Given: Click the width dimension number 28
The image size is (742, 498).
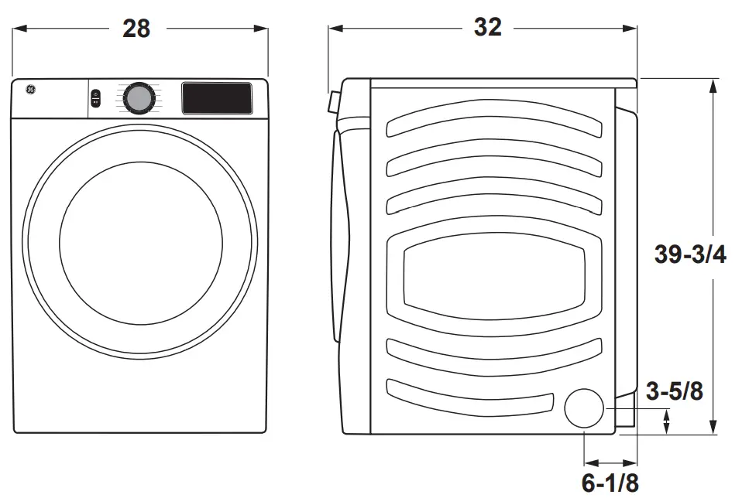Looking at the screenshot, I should tap(136, 29).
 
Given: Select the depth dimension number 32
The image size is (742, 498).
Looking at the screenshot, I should tap(487, 28).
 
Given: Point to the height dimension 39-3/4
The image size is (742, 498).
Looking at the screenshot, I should tap(690, 255).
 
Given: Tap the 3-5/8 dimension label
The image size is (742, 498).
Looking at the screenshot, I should tap(675, 392).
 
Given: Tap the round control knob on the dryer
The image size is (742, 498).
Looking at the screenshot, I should tap(139, 98).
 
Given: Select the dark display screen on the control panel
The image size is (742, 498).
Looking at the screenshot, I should tap(217, 97).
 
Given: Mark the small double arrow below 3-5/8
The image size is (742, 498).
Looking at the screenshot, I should tap(667, 421).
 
